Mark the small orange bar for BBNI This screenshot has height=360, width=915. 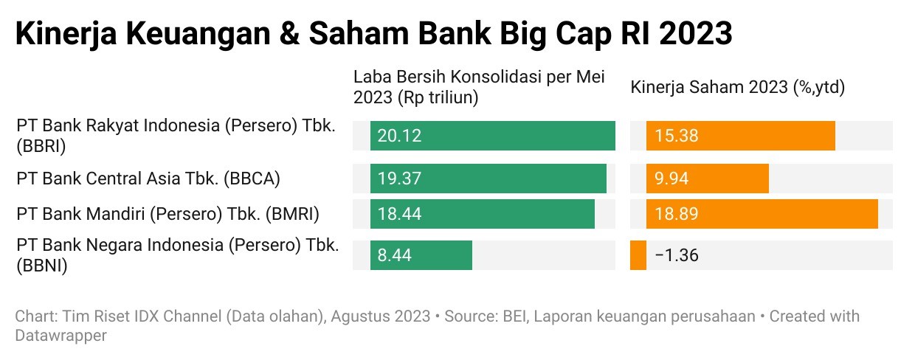click(638, 255)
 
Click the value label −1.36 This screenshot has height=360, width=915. click(676, 256)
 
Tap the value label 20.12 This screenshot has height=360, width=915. click(399, 136)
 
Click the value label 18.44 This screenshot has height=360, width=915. click(399, 215)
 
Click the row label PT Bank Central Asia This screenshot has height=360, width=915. click(148, 179)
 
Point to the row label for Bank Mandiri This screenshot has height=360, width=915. click(168, 215)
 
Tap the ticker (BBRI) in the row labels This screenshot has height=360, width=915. click(41, 146)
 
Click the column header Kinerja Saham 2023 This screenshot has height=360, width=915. click(737, 87)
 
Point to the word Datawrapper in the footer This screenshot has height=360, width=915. click(61, 336)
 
